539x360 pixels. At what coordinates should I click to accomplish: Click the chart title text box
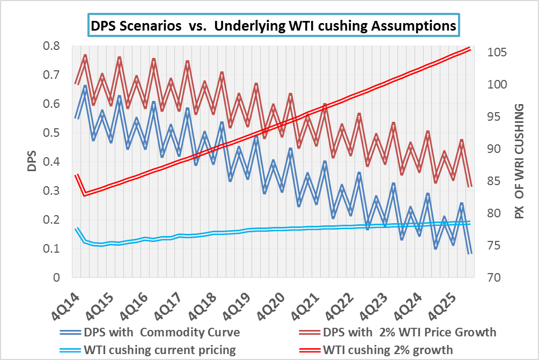tap(273, 25)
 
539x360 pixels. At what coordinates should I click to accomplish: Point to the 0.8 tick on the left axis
tap(50, 46)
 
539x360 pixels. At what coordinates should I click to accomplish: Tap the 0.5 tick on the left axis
tap(50, 133)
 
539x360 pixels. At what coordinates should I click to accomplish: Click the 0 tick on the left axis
tap(55, 278)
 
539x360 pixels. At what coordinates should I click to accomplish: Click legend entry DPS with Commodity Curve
tap(158, 332)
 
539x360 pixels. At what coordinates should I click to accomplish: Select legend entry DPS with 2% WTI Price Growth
tap(407, 332)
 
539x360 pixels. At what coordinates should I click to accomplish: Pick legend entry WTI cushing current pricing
tap(159, 350)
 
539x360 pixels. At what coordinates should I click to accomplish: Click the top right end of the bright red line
tap(470, 48)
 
